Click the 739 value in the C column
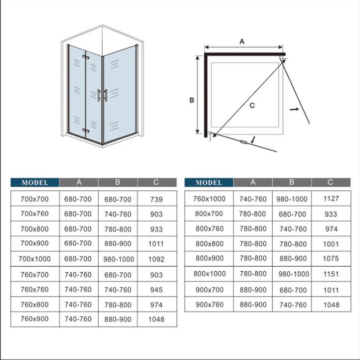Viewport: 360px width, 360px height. (156, 199)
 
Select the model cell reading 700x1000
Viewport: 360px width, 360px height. (35, 259)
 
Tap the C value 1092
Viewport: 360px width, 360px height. (156, 259)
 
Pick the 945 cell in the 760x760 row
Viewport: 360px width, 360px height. (156, 289)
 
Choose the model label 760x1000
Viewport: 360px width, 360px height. (209, 199)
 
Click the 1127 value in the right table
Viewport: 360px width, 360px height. (332, 199)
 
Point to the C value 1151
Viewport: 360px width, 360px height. (332, 274)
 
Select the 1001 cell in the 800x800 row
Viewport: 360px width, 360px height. (332, 244)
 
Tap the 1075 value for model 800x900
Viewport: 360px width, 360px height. (332, 258)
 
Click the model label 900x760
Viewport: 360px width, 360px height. (209, 305)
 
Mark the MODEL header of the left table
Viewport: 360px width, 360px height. (35, 182)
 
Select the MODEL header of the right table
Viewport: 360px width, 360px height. (209, 182)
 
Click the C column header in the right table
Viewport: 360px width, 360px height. (331, 182)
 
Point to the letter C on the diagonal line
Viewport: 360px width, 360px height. (252, 105)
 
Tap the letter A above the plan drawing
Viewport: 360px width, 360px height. (242, 42)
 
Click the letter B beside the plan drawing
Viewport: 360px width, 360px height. (193, 100)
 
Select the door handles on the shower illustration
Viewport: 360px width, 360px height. (102, 95)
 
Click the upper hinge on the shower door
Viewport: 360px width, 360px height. (86, 58)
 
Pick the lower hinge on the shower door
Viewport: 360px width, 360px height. (86, 130)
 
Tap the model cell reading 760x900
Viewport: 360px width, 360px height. (35, 319)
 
